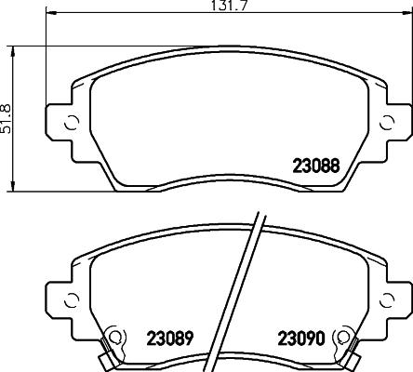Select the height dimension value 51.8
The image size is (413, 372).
[7, 117]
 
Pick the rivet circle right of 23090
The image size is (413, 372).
[346, 336]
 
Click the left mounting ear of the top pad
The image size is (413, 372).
[63, 122]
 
